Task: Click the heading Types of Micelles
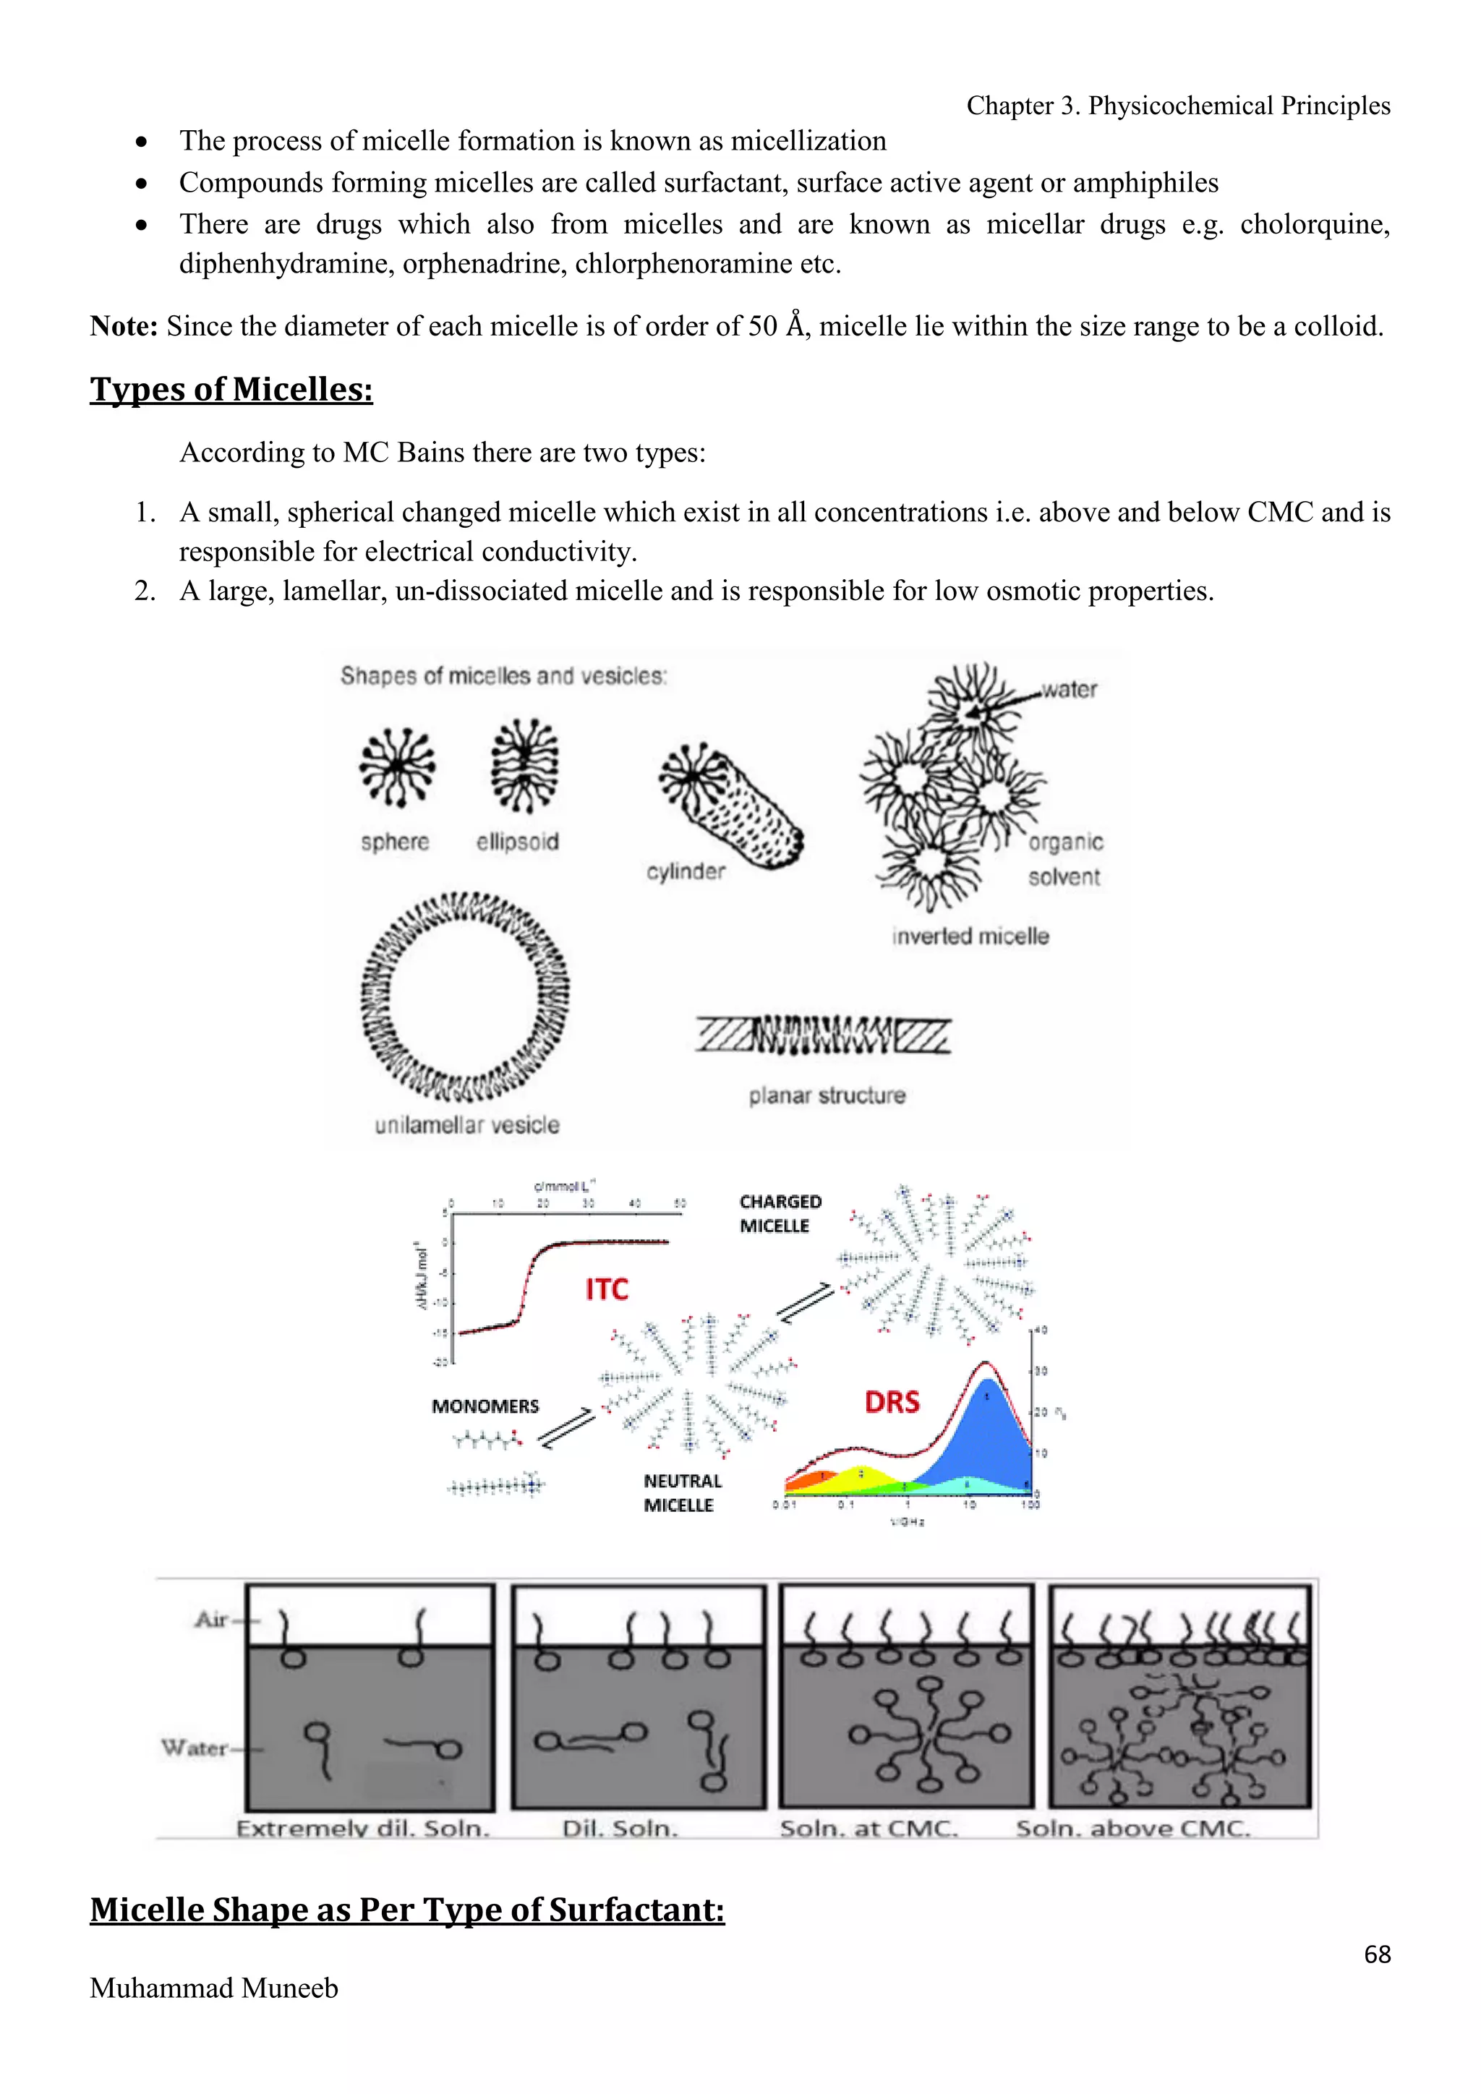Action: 231,390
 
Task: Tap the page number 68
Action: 1377,1954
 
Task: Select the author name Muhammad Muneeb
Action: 213,1988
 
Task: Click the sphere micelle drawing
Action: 397,768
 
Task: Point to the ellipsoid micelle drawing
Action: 524,765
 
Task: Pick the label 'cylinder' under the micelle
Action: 686,871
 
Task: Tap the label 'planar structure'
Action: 827,1095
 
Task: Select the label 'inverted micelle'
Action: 970,936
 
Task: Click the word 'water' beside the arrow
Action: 1070,690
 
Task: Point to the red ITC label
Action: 607,1290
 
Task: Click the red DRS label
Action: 892,1402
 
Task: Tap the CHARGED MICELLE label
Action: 780,1214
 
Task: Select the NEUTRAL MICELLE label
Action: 682,1493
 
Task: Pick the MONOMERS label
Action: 485,1406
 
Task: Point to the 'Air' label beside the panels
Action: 212,1620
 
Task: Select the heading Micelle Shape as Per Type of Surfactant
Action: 406,1909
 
